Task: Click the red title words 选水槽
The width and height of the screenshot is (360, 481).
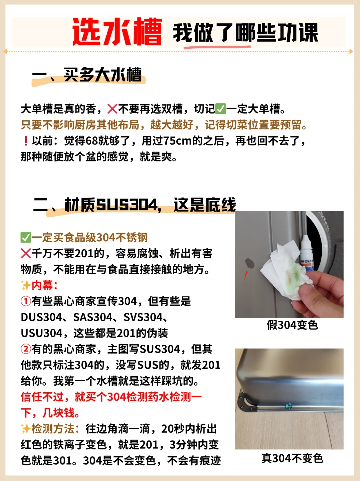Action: (117, 32)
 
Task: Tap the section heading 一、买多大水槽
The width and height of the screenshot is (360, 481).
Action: (87, 75)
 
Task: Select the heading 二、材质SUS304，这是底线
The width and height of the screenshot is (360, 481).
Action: (135, 205)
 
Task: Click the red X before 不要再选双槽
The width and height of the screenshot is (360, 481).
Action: (112, 109)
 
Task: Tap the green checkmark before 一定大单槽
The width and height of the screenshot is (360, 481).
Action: (220, 109)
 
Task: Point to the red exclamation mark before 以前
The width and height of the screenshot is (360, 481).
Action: (26, 141)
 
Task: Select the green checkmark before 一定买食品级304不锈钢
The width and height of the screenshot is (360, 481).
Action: (26, 238)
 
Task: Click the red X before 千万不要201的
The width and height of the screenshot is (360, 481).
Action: (26, 254)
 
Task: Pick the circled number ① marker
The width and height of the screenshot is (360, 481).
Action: (26, 301)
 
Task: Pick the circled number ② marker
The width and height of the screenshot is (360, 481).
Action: (26, 349)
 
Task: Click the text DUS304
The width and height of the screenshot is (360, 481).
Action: (41, 317)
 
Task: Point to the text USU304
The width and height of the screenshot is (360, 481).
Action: (41, 333)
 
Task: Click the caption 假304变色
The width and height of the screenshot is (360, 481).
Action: (292, 325)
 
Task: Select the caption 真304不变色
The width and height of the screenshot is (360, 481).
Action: (292, 458)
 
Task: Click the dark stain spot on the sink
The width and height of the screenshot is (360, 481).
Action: (249, 263)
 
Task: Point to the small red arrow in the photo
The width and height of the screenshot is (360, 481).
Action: (246, 276)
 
